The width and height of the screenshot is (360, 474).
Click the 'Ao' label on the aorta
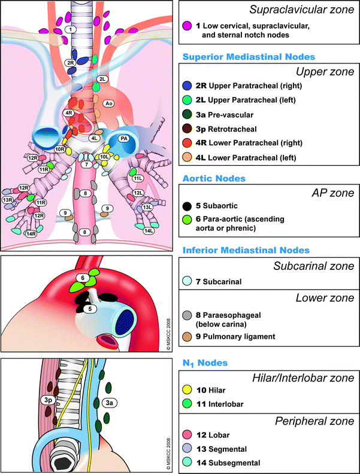click(x=109, y=104)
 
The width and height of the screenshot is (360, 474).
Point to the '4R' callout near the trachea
click(x=69, y=113)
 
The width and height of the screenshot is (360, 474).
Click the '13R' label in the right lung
click(x=8, y=200)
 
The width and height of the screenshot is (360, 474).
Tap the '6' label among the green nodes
click(x=83, y=278)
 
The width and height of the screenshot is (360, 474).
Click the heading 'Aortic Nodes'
click(x=212, y=178)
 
